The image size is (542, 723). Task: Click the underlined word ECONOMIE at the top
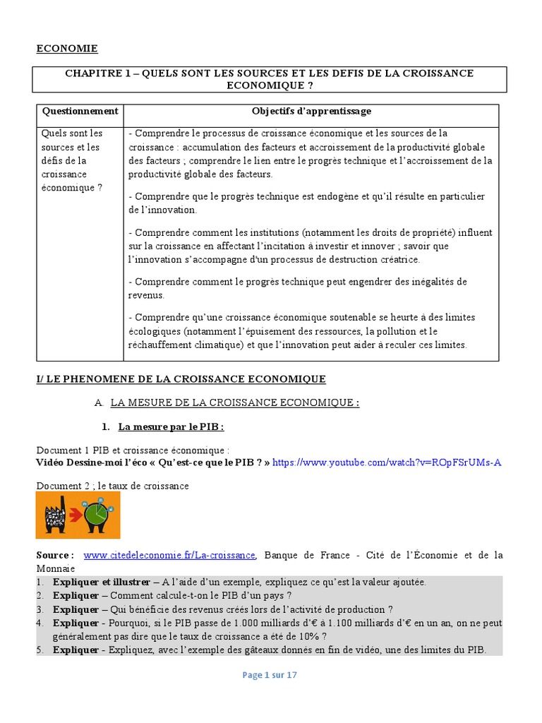point(67,49)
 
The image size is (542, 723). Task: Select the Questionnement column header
point(80,112)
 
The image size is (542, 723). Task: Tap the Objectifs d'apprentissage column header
point(311,112)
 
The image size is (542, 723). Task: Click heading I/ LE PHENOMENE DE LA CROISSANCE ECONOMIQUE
point(181,379)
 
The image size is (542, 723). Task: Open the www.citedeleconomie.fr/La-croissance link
point(169,556)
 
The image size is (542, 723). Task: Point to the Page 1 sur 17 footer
point(270,675)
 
